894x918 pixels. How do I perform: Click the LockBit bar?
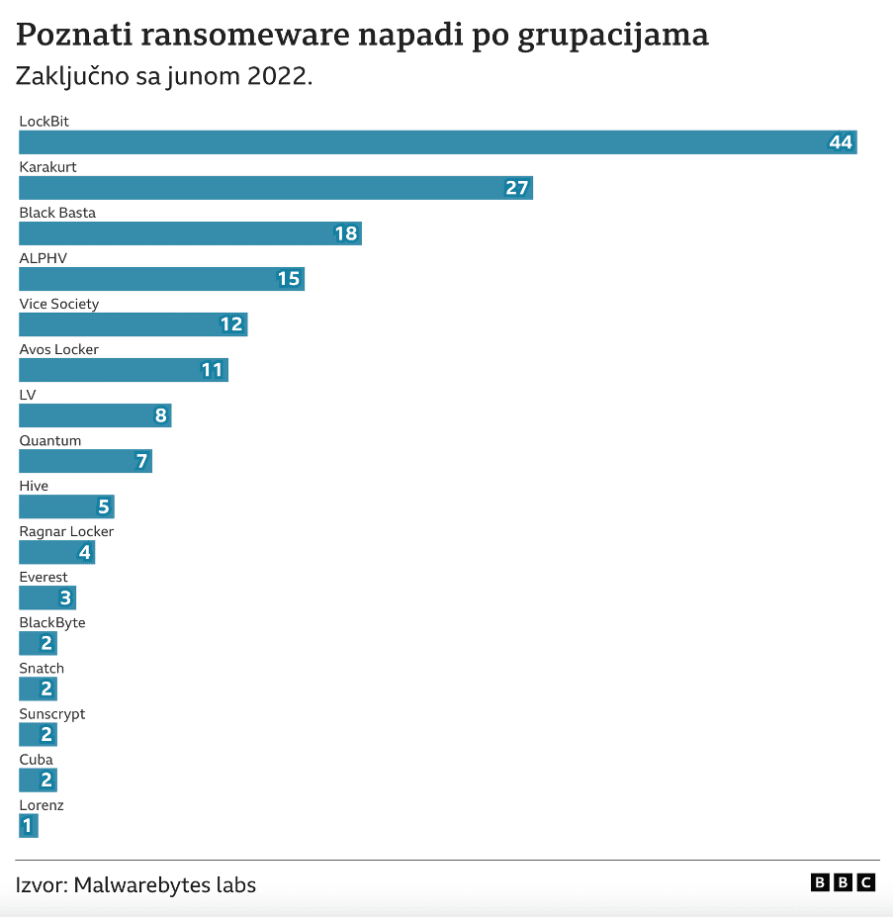437,142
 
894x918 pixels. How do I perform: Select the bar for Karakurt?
276,188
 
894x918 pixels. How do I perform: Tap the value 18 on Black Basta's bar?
345,233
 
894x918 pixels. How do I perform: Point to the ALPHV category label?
44,258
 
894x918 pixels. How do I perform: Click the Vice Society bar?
133,324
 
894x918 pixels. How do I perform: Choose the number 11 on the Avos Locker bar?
212,370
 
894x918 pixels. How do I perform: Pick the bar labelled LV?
95,415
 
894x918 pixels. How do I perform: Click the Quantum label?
50,440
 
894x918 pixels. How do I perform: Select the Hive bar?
66,506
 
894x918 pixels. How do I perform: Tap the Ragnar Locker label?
66,531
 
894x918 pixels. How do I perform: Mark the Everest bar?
47,597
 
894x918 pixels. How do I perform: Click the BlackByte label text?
52,623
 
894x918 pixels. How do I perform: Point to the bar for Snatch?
38,688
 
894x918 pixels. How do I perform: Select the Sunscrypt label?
52,714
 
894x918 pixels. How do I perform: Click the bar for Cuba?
38,780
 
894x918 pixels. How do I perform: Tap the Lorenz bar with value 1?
29,825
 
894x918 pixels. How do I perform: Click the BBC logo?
843,882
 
